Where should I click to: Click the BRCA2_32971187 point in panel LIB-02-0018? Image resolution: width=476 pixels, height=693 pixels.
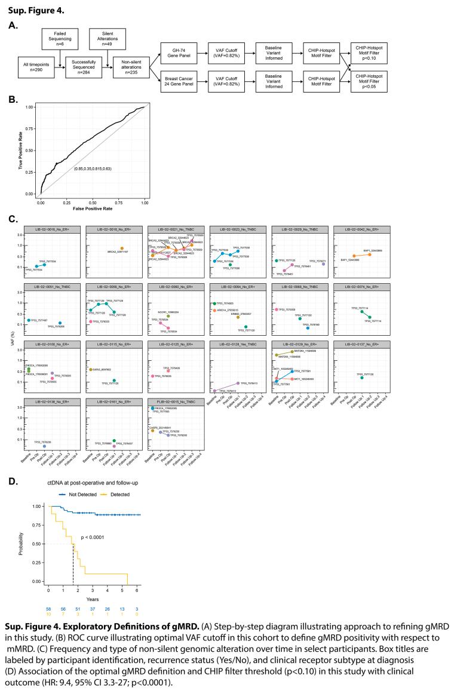[122, 249]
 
